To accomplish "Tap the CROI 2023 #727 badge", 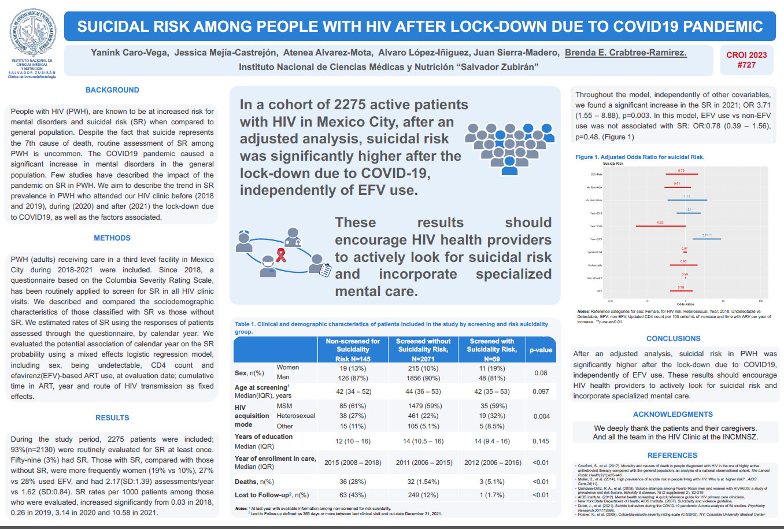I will click(x=746, y=60).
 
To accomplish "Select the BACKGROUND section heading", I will click(x=112, y=90).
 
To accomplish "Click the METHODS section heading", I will click(x=112, y=238).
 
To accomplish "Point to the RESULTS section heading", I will click(x=112, y=418).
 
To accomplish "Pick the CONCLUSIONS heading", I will click(x=673, y=339).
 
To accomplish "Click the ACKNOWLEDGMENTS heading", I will click(x=672, y=415).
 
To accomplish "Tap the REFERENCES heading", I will click(x=672, y=456).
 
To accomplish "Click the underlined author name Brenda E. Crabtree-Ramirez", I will click(x=626, y=53).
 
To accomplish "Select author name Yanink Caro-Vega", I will click(x=130, y=53).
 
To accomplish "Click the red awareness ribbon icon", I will click(x=281, y=255).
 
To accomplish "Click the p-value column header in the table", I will click(x=541, y=350).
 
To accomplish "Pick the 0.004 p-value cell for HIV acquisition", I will click(x=541, y=416).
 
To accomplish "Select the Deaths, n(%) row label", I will click(x=254, y=482).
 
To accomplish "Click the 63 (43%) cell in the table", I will click(x=353, y=495).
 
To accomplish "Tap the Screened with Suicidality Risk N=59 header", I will click(x=491, y=350).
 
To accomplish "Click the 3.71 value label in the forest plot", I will click(x=706, y=235).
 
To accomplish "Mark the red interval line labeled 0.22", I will click(x=660, y=226).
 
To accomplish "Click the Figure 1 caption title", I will click(x=639, y=157).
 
